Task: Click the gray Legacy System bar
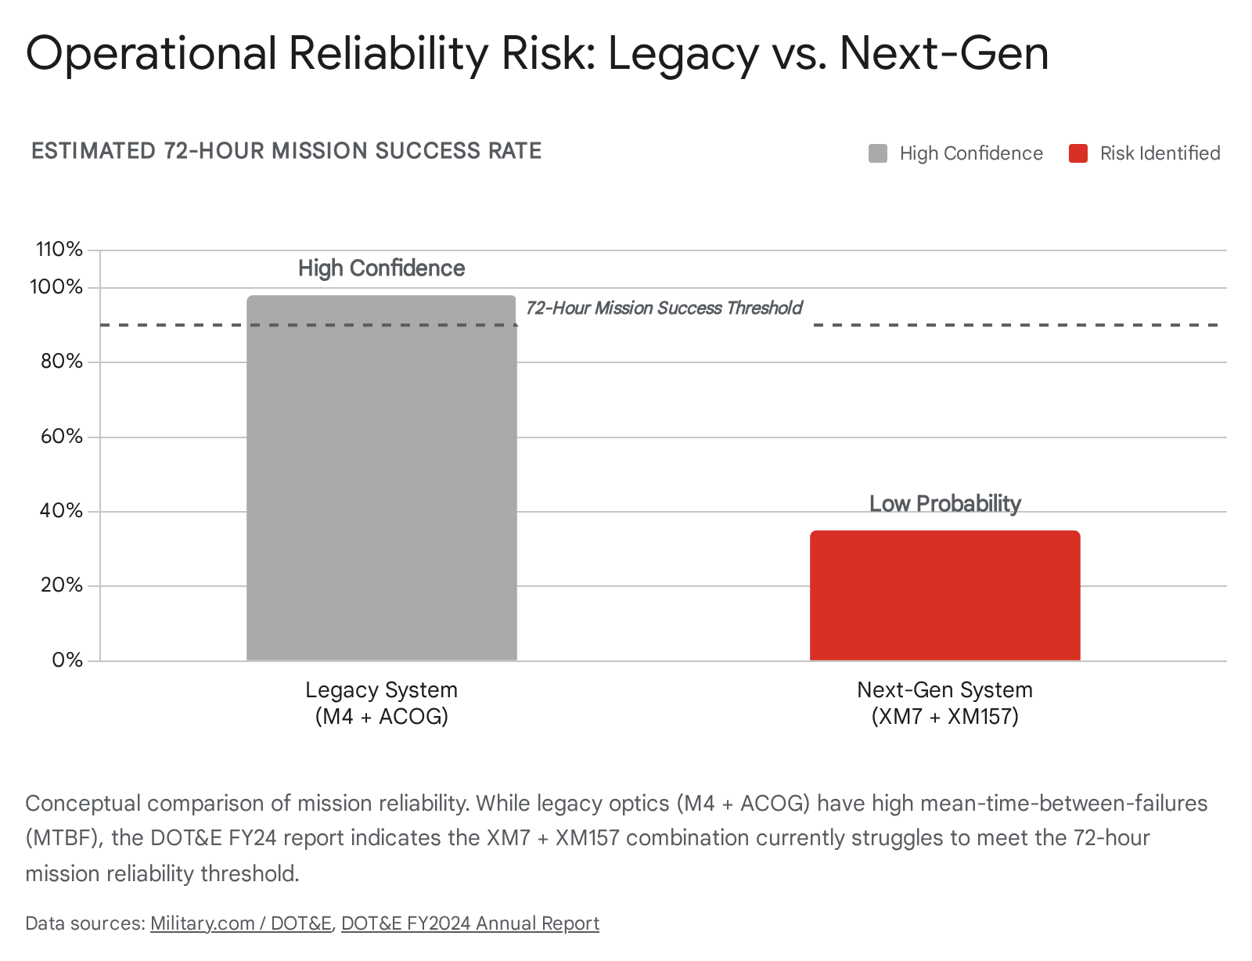point(381,477)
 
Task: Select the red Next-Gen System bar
point(944,596)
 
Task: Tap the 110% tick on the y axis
point(59,250)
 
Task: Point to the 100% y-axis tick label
point(56,287)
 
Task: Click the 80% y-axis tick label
point(61,362)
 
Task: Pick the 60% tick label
point(61,436)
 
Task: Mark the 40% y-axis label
point(61,510)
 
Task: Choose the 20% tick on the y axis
point(61,585)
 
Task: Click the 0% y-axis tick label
point(67,660)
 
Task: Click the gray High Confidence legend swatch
point(878,153)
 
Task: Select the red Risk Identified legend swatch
point(1078,153)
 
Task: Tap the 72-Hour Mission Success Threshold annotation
point(664,308)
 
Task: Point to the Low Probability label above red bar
point(944,503)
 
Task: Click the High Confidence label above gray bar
point(381,268)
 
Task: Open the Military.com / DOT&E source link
point(241,923)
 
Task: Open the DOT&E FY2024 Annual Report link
point(470,923)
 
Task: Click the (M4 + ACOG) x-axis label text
point(381,716)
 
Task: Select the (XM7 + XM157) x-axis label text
point(944,716)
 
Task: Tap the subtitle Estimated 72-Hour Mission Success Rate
point(286,151)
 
